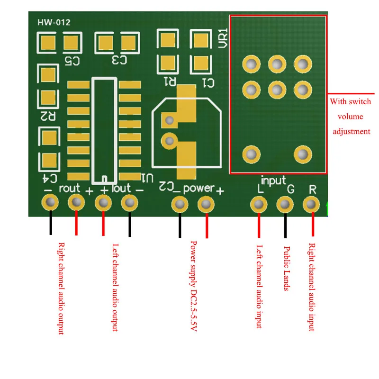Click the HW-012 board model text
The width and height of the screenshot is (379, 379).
(x=54, y=22)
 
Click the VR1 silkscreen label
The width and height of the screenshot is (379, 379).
(x=223, y=38)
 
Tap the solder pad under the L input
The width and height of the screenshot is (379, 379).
(x=258, y=205)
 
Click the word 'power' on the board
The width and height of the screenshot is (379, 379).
(x=199, y=189)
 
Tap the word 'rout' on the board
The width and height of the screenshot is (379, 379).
(x=70, y=188)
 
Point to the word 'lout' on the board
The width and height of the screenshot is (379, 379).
(x=121, y=188)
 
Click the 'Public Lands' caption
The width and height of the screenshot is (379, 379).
(x=286, y=268)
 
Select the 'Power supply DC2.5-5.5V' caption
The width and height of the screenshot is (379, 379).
(x=193, y=286)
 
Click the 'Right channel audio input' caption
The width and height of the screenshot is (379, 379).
(x=312, y=287)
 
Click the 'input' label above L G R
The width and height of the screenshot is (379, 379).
(x=273, y=180)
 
